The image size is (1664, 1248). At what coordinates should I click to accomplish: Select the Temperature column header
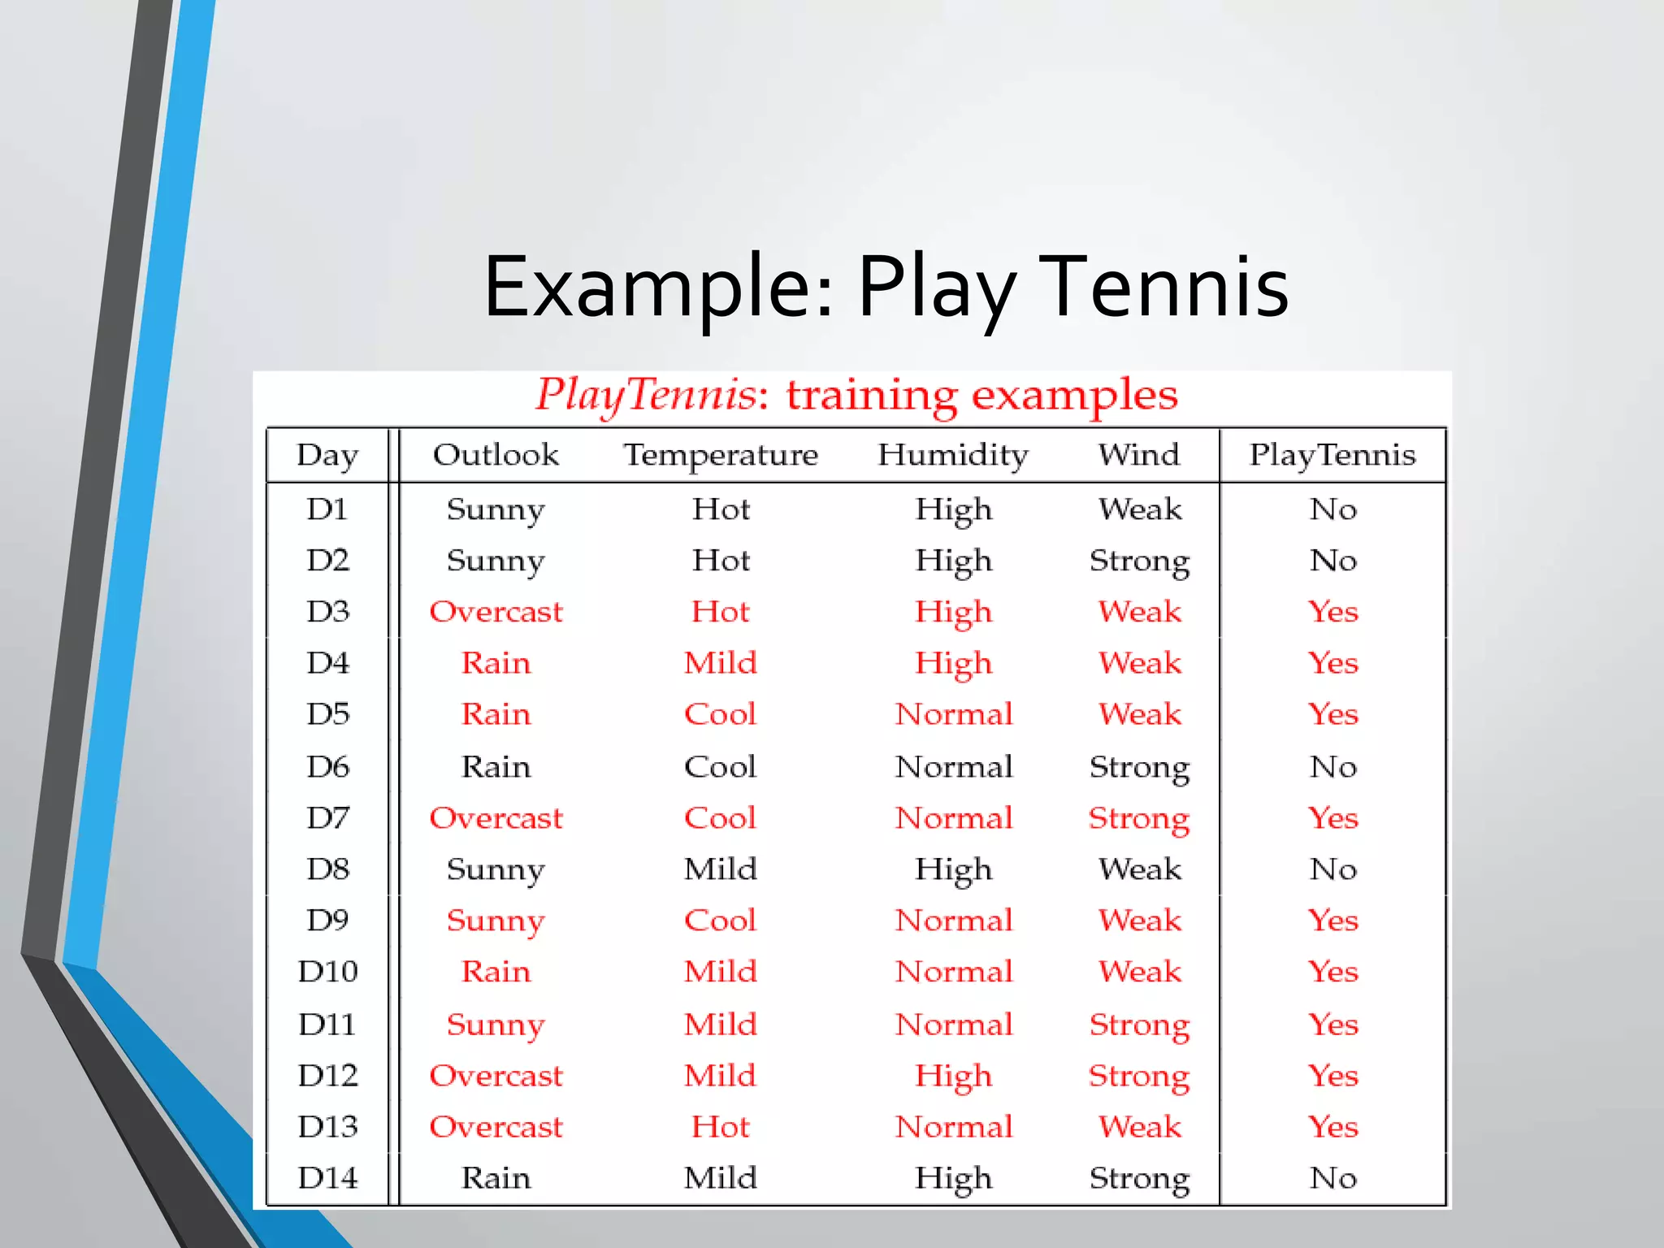coord(721,455)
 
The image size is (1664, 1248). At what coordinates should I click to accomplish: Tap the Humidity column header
coord(953,455)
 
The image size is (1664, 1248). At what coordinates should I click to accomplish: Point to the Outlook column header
coord(496,455)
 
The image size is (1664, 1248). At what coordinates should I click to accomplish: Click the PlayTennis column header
coord(1332,455)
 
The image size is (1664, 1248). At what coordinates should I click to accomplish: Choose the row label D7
coord(327,817)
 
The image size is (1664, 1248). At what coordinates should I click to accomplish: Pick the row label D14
coord(327,1177)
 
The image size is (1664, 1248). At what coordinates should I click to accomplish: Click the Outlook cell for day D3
coord(496,612)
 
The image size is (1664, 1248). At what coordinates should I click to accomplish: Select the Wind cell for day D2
coord(1139,561)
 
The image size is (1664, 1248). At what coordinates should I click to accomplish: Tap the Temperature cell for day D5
coord(720,714)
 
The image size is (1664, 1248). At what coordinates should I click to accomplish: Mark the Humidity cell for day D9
coord(954,921)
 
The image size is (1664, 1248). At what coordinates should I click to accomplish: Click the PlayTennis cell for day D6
coord(1332,766)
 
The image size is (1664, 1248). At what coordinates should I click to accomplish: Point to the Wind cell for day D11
coord(1139,1025)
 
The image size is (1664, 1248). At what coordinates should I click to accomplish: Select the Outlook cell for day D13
coord(496,1127)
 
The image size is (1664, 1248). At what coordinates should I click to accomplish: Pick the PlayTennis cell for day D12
coord(1332,1076)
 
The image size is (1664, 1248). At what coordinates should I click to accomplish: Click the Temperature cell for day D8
coord(720,869)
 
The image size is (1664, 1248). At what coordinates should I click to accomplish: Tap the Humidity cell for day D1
coord(953,510)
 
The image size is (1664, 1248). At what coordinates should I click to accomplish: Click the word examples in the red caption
coord(1074,396)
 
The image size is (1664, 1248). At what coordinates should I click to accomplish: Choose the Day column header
coord(327,455)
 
